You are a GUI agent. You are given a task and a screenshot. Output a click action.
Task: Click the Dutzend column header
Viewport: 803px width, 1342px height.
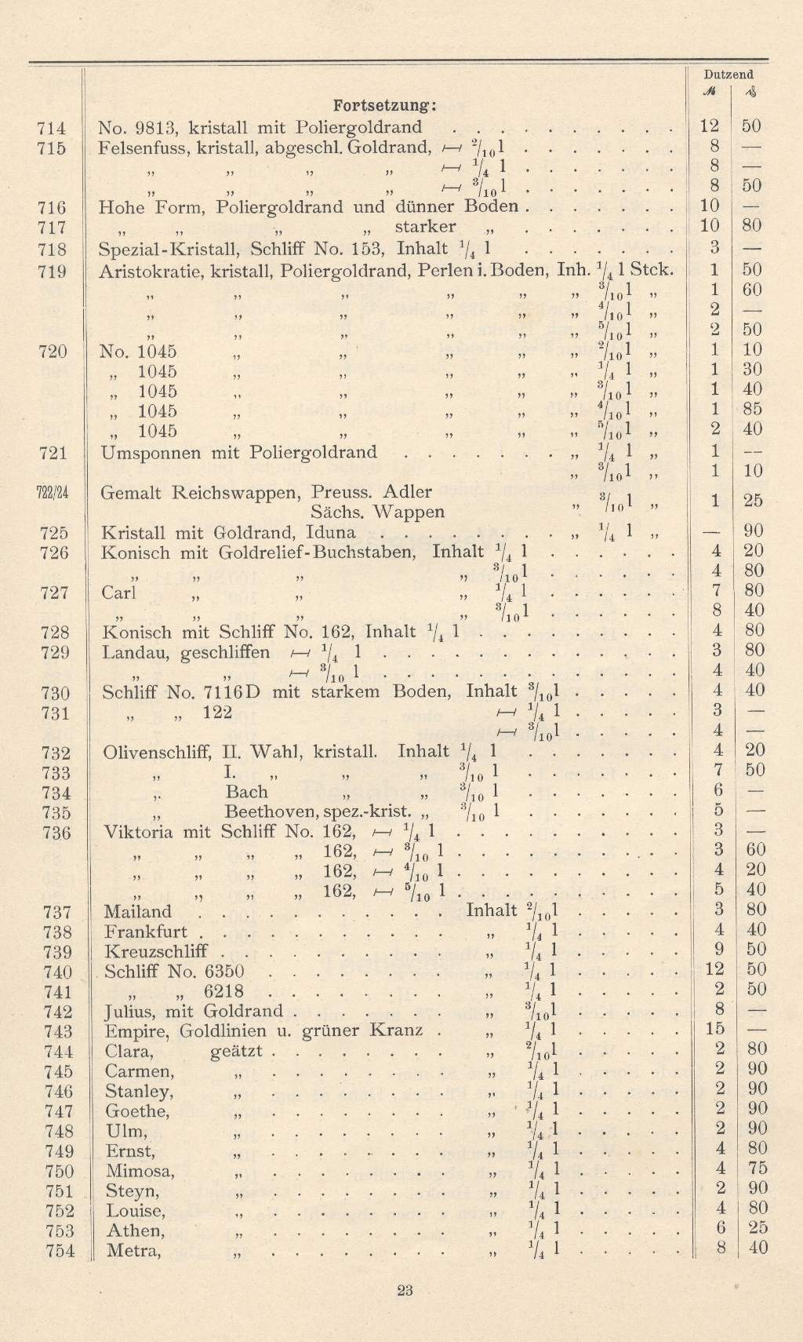729,75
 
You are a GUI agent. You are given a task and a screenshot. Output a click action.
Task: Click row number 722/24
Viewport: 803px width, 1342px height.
53,493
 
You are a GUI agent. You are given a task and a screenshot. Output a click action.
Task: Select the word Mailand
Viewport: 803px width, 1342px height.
137,911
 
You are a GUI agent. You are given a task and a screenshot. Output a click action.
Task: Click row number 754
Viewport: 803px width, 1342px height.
60,1251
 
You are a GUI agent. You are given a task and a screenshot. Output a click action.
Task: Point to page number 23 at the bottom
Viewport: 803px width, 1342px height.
405,1289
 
